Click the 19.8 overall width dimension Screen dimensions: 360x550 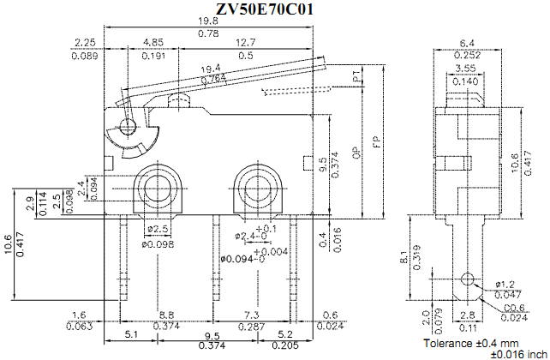[207, 21]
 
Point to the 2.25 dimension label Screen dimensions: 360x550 [85, 42]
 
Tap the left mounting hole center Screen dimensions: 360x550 [157, 187]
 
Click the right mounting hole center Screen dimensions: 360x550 [254, 187]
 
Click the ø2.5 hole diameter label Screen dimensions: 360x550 [157, 229]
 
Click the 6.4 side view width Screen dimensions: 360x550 [467, 42]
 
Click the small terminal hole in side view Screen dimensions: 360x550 [467, 279]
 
